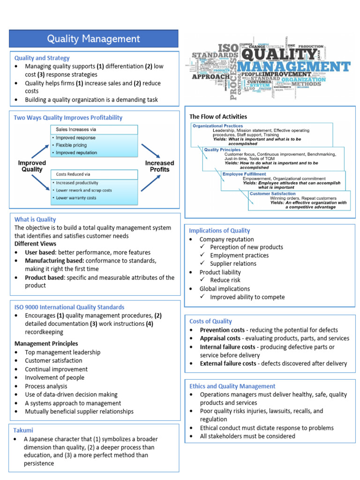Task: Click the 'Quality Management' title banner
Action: coord(94,39)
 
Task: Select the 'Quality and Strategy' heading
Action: coord(42,58)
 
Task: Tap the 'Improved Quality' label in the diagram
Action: coord(32,166)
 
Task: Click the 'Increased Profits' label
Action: coord(159,166)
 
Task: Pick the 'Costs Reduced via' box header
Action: coord(73,174)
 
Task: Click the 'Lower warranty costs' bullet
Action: coord(76,198)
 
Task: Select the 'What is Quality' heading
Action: coord(35,219)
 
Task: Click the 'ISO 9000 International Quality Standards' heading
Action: coord(69,307)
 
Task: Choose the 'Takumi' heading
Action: coord(24,430)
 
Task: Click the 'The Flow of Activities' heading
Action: coord(218,116)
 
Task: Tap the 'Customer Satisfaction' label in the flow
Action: coord(272,193)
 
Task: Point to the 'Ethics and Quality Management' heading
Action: coord(232,386)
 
